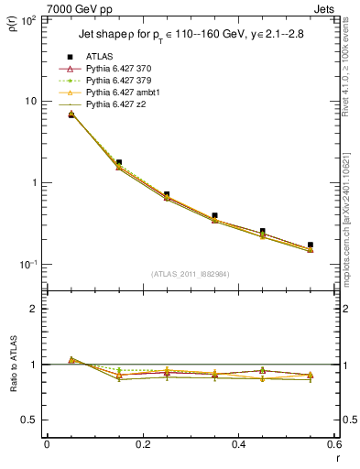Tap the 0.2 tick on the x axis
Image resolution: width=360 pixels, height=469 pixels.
[142, 444]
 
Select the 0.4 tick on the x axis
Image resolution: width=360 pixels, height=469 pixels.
[238, 444]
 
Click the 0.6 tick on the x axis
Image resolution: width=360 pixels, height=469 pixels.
[333, 444]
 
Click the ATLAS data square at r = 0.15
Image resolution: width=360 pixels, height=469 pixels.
[119, 162]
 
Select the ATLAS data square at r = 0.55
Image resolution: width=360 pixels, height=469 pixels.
[311, 245]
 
